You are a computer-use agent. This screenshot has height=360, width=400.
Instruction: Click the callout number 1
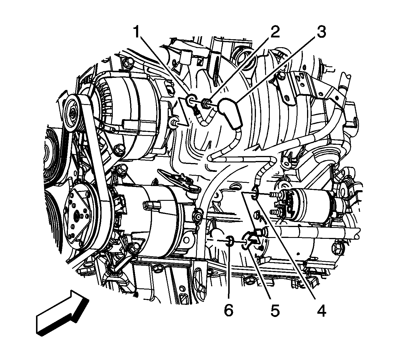point(137,32)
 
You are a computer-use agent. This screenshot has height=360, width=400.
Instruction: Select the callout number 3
point(321,32)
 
